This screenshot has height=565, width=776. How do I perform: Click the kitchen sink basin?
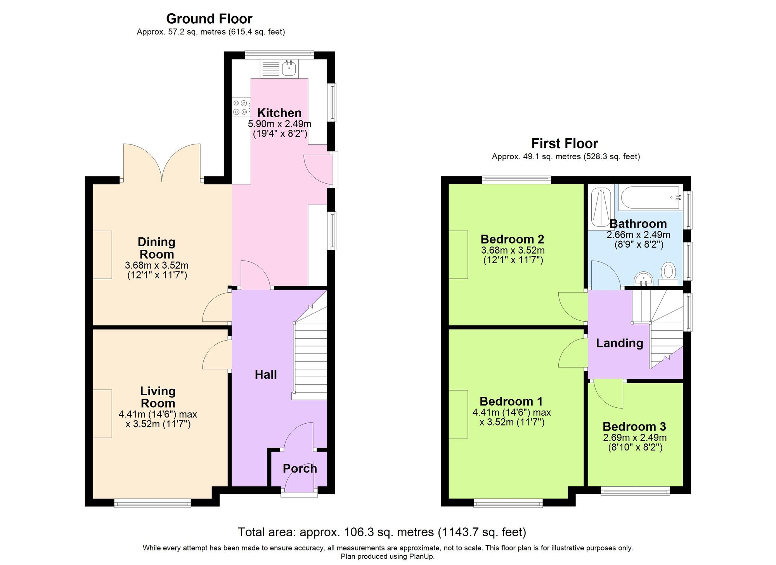[289, 68]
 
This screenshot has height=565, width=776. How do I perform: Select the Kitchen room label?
[279, 113]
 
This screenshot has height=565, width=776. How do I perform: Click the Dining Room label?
[157, 248]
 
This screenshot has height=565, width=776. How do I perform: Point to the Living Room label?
[158, 397]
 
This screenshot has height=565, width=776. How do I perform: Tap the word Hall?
[266, 375]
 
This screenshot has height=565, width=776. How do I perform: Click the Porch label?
[300, 469]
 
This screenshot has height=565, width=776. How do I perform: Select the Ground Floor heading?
[209, 19]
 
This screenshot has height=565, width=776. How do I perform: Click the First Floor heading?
[565, 144]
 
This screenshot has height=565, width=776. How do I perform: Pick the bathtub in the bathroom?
[651, 198]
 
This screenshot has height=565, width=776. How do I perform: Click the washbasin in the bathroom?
[644, 279]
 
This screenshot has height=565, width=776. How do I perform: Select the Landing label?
[620, 343]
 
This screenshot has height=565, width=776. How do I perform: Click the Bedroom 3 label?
[634, 427]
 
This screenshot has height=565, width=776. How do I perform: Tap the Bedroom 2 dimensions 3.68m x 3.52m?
[513, 250]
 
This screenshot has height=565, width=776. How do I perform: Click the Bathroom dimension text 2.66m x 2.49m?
[639, 235]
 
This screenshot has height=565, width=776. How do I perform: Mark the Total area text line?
[382, 532]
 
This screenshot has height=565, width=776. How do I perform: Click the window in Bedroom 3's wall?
[636, 491]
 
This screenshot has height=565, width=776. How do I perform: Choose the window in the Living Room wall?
[152, 503]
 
